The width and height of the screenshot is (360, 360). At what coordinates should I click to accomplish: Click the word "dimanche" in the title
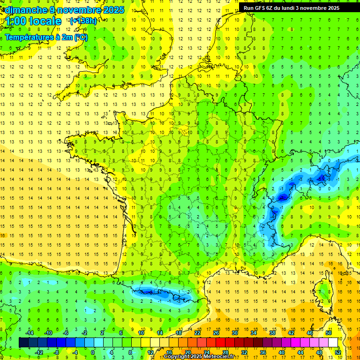(22, 10)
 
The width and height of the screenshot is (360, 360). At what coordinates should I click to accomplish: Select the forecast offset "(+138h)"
(83, 21)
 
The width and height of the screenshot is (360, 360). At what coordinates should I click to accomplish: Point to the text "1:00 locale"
(34, 22)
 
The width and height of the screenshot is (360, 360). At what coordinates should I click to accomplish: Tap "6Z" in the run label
(275, 8)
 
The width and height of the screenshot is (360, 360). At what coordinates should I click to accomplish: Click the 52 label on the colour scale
(337, 352)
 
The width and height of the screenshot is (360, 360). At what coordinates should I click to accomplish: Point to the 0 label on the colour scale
(93, 352)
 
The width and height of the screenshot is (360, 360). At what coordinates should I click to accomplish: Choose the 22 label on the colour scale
(197, 332)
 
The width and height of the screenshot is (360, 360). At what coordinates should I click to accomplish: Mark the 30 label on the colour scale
(234, 332)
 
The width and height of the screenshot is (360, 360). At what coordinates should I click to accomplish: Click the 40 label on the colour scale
(281, 352)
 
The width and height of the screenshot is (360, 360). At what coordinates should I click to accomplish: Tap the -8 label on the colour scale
(57, 352)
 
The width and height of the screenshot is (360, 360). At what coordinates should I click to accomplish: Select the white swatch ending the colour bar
(333, 342)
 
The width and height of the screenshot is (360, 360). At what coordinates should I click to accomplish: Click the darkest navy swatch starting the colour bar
(23, 342)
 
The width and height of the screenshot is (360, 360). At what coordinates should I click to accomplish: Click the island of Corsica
(324, 293)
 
